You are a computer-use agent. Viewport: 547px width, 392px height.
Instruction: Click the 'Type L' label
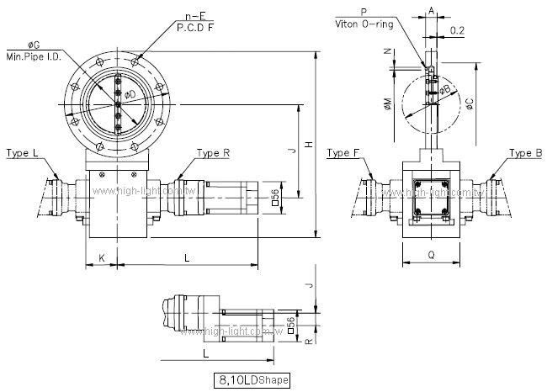pos(22,153)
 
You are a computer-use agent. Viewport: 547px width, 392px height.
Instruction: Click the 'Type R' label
pos(214,153)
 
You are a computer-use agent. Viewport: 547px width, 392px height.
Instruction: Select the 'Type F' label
pos(343,153)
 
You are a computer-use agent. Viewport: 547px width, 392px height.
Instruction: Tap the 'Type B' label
pos(526,153)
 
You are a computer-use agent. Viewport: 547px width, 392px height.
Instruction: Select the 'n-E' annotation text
pos(197,14)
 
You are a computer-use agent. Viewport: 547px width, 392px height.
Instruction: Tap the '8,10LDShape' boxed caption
pos(252,380)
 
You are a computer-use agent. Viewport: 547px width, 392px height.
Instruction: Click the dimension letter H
pos(309,146)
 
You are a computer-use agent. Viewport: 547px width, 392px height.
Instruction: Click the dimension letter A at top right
pos(431,11)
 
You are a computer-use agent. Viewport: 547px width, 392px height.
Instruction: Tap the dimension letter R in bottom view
pos(309,342)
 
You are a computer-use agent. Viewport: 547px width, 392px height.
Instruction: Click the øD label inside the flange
pos(130,94)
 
